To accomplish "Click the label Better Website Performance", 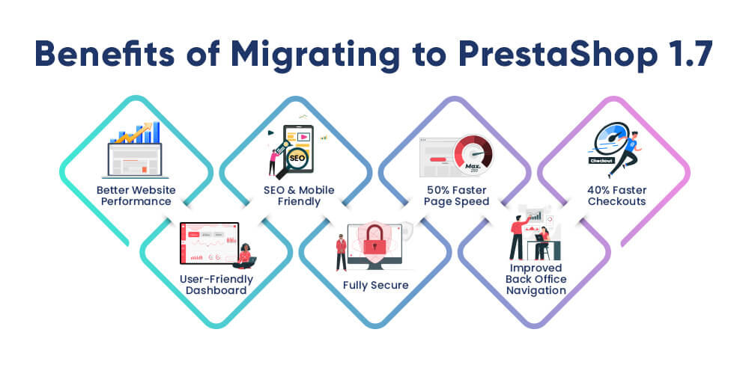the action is (x=136, y=195).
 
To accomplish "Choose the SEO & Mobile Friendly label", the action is (x=299, y=195).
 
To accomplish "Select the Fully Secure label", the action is (x=376, y=285).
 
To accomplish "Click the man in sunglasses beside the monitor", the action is (x=341, y=252).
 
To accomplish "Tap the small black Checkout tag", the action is (x=601, y=161).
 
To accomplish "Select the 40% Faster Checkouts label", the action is (x=616, y=195).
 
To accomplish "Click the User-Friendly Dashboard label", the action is (x=216, y=285).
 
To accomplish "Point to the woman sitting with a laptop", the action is (x=245, y=256).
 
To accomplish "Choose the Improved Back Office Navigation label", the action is (x=536, y=279).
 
